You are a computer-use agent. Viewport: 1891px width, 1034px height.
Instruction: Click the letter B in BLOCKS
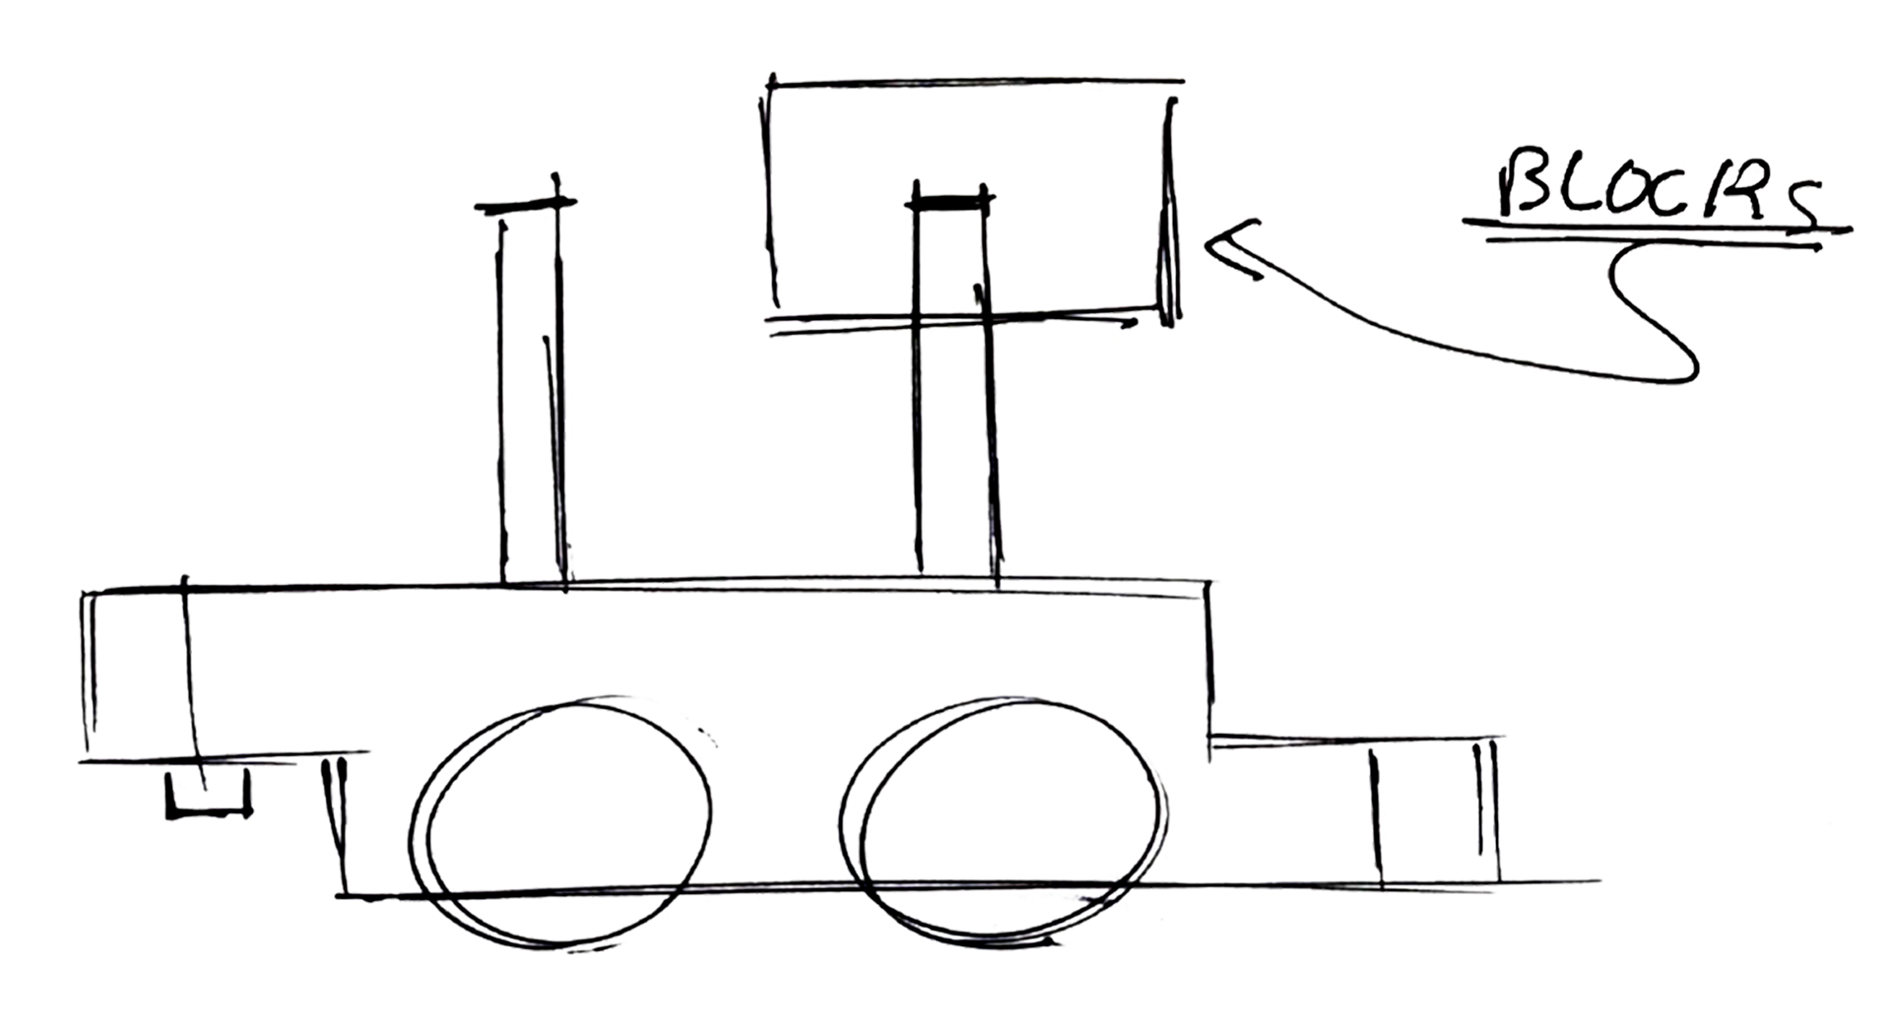1524,183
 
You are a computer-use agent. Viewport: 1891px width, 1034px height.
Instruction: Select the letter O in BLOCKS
1626,193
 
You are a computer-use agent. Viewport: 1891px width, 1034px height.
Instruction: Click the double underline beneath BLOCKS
1655,234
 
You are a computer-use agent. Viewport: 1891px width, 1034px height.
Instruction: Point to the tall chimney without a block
532,394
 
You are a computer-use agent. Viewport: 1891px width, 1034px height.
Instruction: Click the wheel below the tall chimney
561,822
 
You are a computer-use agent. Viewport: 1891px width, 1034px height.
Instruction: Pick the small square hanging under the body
208,793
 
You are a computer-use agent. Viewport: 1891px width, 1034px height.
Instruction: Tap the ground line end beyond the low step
1576,881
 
